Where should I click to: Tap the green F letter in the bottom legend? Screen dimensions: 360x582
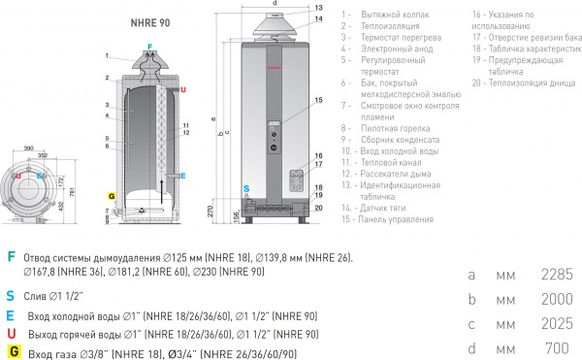pos(11,257)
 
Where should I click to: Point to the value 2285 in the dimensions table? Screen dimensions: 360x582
pos(558,276)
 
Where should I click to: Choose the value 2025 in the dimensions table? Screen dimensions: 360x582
pos(558,323)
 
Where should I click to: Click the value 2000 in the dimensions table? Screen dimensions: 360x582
pos(558,300)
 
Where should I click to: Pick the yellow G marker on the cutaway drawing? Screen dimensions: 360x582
pos(113,195)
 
